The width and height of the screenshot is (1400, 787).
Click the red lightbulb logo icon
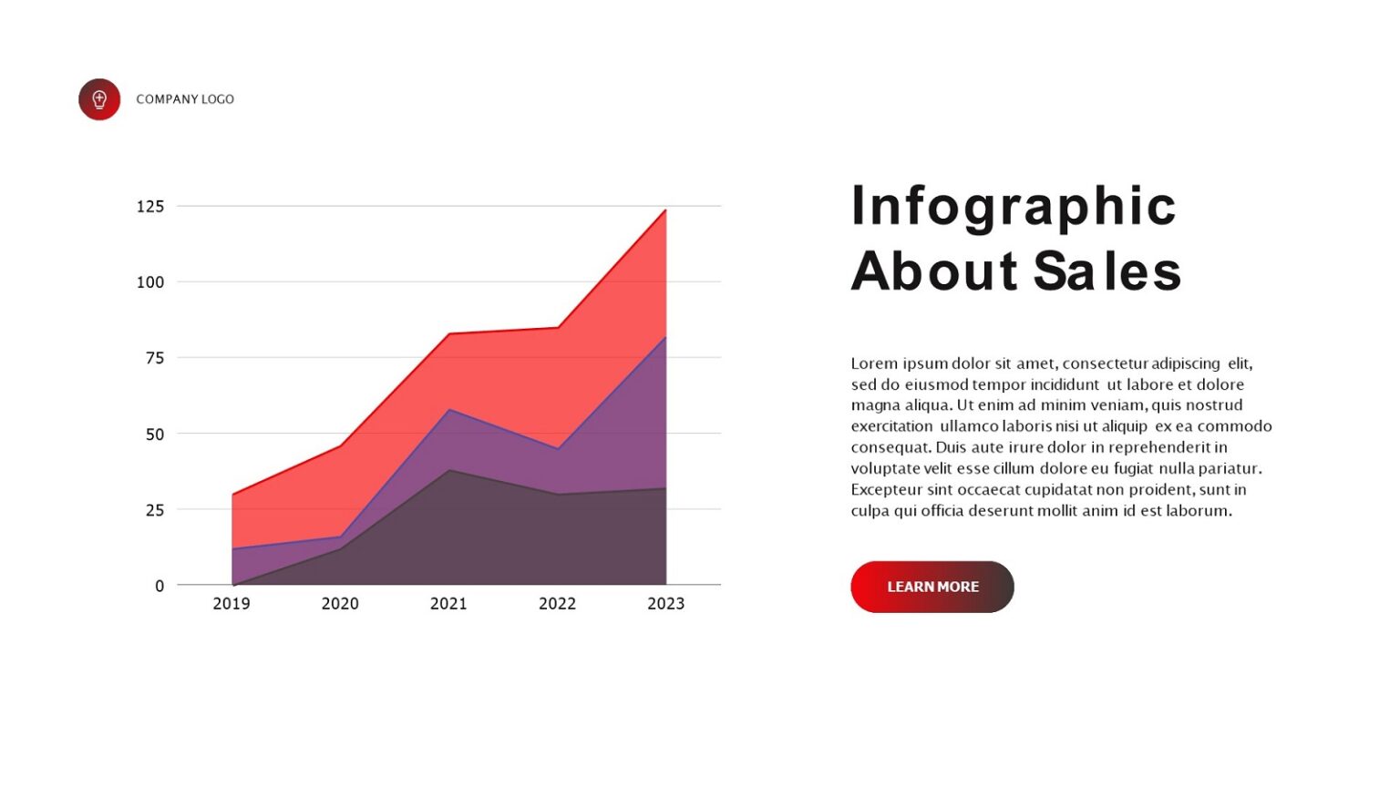[x=99, y=99]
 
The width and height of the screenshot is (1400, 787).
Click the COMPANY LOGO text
[x=185, y=99]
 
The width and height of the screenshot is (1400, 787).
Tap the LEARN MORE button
[x=932, y=587]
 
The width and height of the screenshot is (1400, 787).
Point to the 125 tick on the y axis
[x=150, y=207]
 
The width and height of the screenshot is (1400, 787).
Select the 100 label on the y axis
[x=150, y=282]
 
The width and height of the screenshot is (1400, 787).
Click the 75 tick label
[x=155, y=358]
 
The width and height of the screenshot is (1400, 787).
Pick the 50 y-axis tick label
[x=155, y=434]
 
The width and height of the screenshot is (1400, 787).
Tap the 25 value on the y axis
[x=155, y=510]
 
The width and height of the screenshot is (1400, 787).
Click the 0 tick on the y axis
[x=160, y=586]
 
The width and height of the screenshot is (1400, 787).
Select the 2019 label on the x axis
[x=232, y=604]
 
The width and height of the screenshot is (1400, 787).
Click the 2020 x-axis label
[x=340, y=604]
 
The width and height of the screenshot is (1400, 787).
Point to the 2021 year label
[x=448, y=604]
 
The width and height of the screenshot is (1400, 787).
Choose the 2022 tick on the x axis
[x=557, y=604]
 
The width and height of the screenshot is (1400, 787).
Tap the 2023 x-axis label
[x=665, y=604]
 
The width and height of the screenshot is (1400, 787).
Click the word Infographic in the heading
[x=1014, y=207]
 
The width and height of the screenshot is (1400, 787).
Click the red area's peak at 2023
[x=665, y=210]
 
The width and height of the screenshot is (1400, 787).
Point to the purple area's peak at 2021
[x=449, y=410]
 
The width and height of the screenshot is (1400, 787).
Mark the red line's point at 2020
[x=340, y=445]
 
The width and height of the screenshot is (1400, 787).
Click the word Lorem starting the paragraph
[x=875, y=363]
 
